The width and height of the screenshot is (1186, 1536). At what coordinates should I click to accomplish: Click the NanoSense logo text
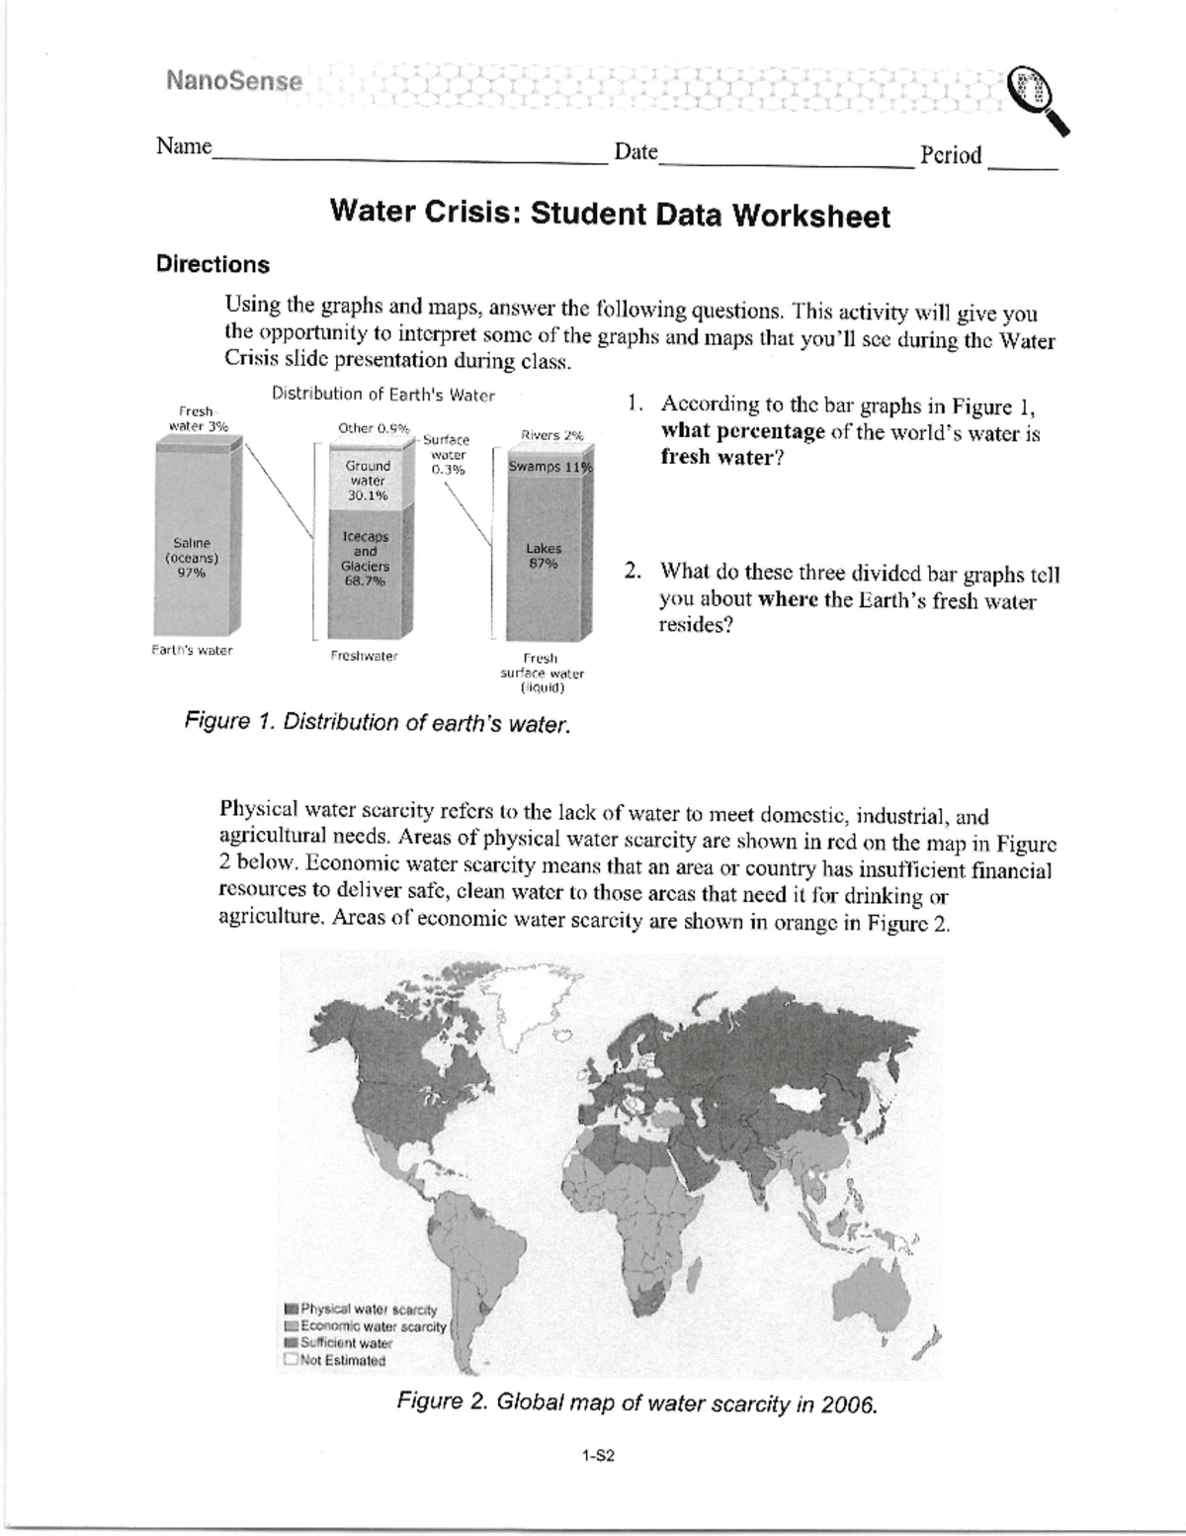coord(234,81)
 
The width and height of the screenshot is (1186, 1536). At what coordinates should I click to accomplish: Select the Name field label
coord(184,147)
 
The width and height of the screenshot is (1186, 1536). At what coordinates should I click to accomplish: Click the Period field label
coord(951,155)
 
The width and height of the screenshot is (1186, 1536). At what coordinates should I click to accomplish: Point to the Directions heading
coord(212,265)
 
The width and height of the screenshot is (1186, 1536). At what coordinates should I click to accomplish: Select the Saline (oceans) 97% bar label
coord(192,558)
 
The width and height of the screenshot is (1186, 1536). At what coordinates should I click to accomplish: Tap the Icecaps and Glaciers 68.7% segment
coord(365,559)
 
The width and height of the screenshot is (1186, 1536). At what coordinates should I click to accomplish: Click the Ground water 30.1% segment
coord(368,481)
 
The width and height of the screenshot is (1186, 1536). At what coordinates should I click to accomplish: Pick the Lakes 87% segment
coord(544,556)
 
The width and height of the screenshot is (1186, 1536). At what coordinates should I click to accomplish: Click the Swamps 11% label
coord(549,467)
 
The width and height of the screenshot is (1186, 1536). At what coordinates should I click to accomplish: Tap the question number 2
coord(634,572)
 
